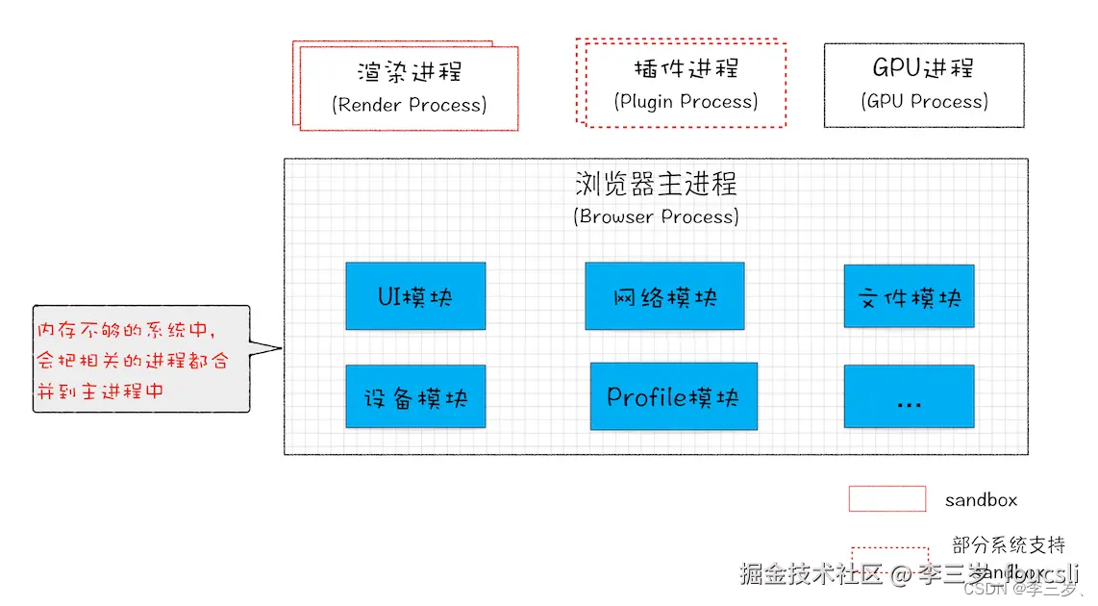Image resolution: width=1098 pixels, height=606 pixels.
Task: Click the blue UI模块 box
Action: click(x=415, y=296)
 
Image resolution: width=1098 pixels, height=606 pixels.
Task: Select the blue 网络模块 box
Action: click(x=664, y=296)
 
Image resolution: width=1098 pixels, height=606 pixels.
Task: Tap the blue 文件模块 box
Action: click(x=909, y=297)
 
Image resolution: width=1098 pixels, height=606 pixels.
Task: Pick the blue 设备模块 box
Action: click(x=415, y=396)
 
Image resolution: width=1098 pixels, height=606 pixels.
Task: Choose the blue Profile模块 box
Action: click(x=673, y=395)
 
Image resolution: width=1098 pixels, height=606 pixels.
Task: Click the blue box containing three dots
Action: click(x=909, y=396)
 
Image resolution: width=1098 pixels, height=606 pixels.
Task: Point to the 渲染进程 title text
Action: click(x=410, y=72)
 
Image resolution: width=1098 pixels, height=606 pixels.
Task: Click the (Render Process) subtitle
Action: click(x=410, y=104)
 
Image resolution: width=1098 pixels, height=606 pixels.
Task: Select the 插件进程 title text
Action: click(x=686, y=68)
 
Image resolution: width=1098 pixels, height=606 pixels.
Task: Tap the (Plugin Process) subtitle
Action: click(x=686, y=101)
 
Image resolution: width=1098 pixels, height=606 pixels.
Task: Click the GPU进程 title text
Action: click(x=923, y=68)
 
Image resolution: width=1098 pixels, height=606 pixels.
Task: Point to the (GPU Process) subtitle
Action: click(x=923, y=101)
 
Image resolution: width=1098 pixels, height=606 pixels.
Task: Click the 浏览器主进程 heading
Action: click(x=656, y=183)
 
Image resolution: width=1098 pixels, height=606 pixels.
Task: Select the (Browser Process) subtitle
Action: click(x=656, y=216)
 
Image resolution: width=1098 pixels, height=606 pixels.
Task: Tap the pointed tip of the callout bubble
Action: click(x=280, y=348)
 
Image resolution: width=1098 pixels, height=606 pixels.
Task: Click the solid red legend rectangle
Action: click(x=886, y=498)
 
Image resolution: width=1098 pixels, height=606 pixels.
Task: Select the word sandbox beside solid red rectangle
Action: click(x=981, y=500)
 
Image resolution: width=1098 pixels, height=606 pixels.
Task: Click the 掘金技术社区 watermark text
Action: click(x=811, y=574)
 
